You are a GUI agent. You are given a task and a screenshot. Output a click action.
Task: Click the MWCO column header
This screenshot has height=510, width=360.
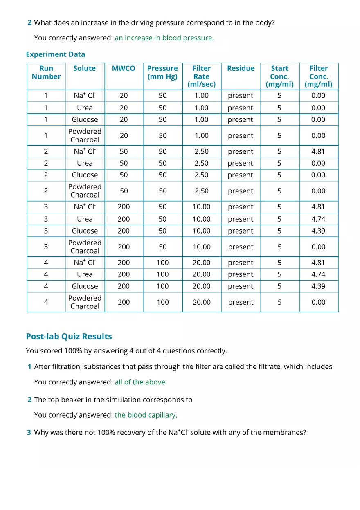pos(124,68)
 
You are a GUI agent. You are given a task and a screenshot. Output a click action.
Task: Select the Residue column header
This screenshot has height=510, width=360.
pos(241,68)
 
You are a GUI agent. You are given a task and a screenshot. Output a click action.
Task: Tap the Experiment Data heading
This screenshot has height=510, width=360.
pos(56,54)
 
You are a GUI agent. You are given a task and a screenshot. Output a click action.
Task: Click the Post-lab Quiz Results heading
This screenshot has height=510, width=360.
pos(69,337)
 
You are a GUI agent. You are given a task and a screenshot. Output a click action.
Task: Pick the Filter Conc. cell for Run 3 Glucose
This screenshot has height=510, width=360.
pos(318,231)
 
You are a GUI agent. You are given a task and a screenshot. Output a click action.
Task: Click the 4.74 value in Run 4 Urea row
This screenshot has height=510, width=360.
pos(318,274)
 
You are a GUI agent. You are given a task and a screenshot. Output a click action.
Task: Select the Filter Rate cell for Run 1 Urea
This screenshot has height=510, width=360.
pos(202,108)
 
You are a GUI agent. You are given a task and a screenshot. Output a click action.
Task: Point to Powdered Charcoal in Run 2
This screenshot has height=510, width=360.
pos(85,191)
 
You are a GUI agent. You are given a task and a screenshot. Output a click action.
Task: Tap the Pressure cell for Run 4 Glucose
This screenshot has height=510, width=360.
pos(163,286)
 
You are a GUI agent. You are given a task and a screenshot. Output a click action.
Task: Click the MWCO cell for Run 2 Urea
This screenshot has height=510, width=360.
pos(124,163)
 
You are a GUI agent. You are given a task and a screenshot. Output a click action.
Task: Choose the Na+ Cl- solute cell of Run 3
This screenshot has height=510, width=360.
pos(85,207)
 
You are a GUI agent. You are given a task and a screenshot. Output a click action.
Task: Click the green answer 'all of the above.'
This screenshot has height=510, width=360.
pos(141,382)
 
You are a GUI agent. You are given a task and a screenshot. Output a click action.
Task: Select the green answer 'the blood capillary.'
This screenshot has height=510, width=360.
pos(146,415)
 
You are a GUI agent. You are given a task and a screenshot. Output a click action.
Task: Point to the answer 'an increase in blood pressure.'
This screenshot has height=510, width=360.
pos(164,38)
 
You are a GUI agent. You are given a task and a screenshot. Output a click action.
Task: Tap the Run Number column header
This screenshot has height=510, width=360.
pos(46,72)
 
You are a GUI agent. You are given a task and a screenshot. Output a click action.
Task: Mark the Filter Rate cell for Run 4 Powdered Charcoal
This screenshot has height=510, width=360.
pos(202,302)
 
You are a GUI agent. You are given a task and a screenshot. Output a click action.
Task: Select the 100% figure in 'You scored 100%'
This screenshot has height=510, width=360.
pos(72,351)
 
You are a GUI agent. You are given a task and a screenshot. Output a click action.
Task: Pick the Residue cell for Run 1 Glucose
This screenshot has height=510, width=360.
pos(241,120)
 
